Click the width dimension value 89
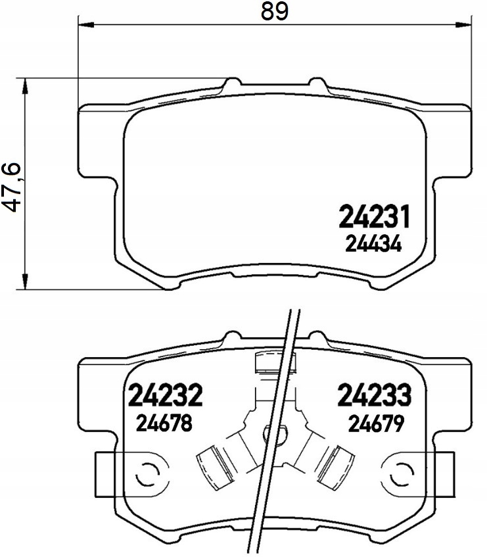click(274, 12)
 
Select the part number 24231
click(375, 216)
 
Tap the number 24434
click(373, 245)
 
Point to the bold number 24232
click(165, 395)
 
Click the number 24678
click(164, 424)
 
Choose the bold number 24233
click(375, 395)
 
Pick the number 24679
click(376, 424)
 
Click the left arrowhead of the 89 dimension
click(85, 24)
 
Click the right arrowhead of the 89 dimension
click(464, 24)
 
